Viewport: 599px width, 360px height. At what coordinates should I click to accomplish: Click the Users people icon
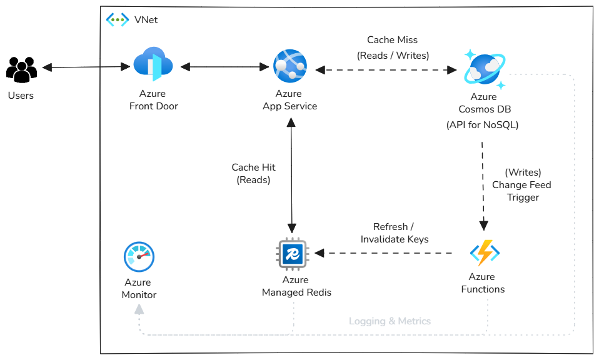tap(21, 69)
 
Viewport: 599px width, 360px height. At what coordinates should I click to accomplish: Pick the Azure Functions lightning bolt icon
tap(485, 253)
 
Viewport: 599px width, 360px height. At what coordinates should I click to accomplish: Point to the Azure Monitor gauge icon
tap(139, 257)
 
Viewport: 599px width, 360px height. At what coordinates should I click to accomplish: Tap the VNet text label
tap(146, 20)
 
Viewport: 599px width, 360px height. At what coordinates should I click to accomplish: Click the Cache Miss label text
tap(393, 40)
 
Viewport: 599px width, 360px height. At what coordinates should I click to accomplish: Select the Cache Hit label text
tap(253, 167)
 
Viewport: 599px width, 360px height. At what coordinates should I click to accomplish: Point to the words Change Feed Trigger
tap(521, 191)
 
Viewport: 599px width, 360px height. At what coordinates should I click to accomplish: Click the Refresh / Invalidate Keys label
tap(394, 232)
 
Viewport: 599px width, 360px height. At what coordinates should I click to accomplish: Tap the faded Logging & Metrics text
tap(390, 321)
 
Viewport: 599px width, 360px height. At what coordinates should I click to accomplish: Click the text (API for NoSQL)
tap(482, 124)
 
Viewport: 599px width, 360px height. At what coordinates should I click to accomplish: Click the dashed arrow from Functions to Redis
tap(384, 253)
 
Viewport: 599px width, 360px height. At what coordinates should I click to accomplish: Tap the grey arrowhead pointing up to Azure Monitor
tap(139, 308)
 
